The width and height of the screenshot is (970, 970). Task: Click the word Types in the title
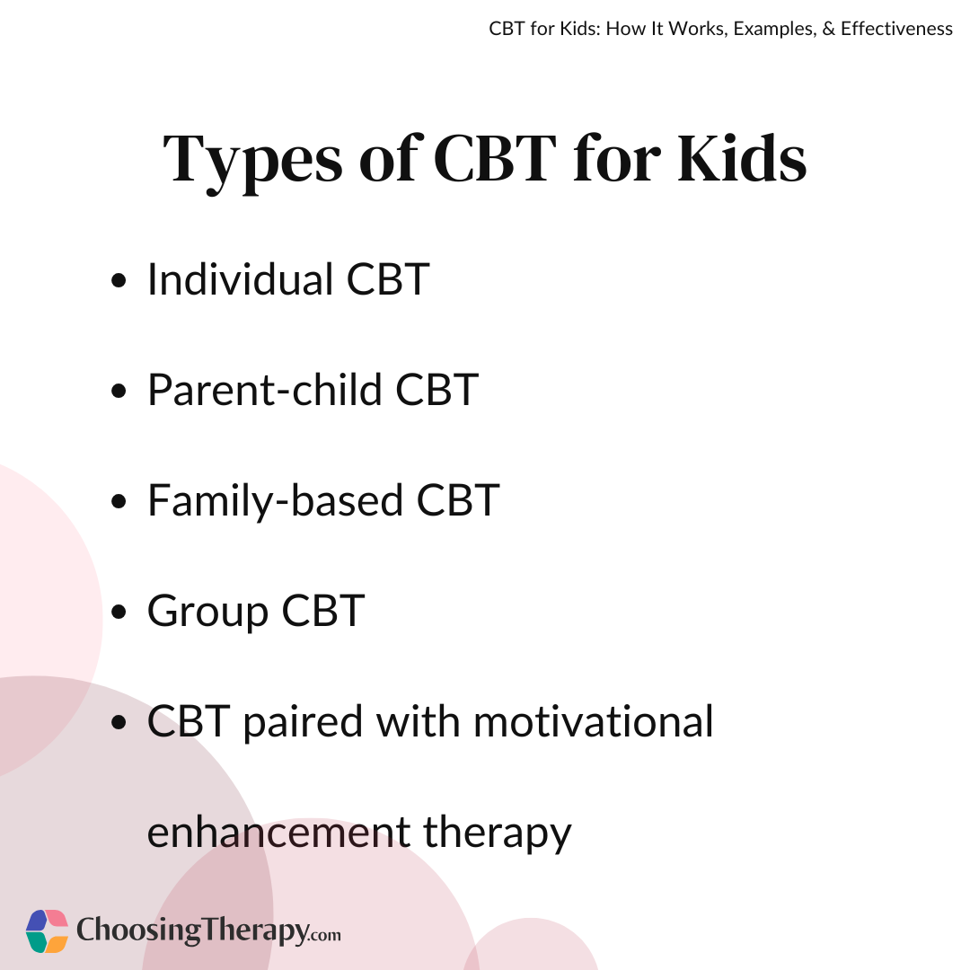click(252, 162)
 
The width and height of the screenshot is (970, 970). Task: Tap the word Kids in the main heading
click(742, 158)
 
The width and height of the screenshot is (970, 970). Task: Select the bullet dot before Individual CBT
click(119, 280)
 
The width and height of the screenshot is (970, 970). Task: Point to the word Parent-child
click(265, 390)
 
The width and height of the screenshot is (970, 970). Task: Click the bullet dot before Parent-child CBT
click(119, 391)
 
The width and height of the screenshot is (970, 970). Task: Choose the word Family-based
click(276, 501)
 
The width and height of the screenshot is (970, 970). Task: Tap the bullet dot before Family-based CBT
click(119, 501)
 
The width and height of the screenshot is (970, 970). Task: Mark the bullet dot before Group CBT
click(119, 612)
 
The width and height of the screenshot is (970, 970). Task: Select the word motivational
click(594, 721)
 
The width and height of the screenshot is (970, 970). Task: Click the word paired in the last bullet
click(304, 723)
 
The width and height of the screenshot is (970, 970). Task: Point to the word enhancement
click(279, 832)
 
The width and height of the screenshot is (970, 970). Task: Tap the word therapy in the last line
click(498, 833)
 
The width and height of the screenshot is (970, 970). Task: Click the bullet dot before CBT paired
click(119, 722)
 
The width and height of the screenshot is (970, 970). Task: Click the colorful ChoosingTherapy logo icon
click(47, 931)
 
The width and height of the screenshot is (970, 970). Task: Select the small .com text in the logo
click(325, 935)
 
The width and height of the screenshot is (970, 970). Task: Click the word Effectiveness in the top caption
click(896, 29)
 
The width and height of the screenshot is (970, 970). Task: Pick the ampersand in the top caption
click(829, 29)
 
